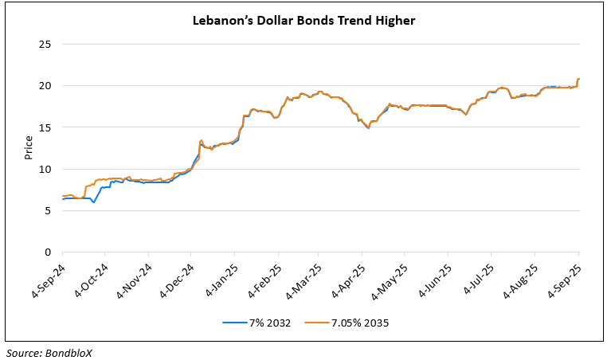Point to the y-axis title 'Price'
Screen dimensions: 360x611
(29, 147)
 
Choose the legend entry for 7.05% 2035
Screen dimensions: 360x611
(357, 323)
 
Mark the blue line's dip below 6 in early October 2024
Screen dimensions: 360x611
(94, 202)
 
